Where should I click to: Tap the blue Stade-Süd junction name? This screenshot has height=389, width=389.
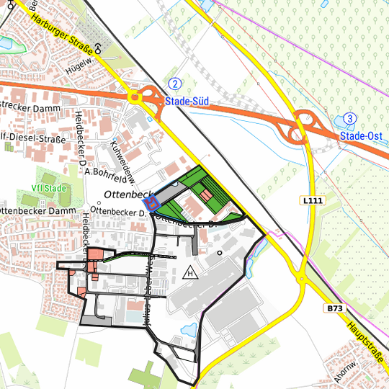tap(187, 102)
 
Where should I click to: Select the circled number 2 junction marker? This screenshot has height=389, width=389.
tap(175, 83)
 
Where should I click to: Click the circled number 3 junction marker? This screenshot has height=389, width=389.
tap(349, 118)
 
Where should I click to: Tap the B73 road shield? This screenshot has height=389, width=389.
tap(334, 308)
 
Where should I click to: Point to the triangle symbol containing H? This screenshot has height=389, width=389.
tap(190, 272)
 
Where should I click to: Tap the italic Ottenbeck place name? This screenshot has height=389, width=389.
tap(125, 194)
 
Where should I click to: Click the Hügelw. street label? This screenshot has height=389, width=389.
tap(81, 63)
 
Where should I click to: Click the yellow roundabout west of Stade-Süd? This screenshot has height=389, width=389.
tap(133, 97)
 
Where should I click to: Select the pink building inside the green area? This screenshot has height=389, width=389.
tap(206, 195)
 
